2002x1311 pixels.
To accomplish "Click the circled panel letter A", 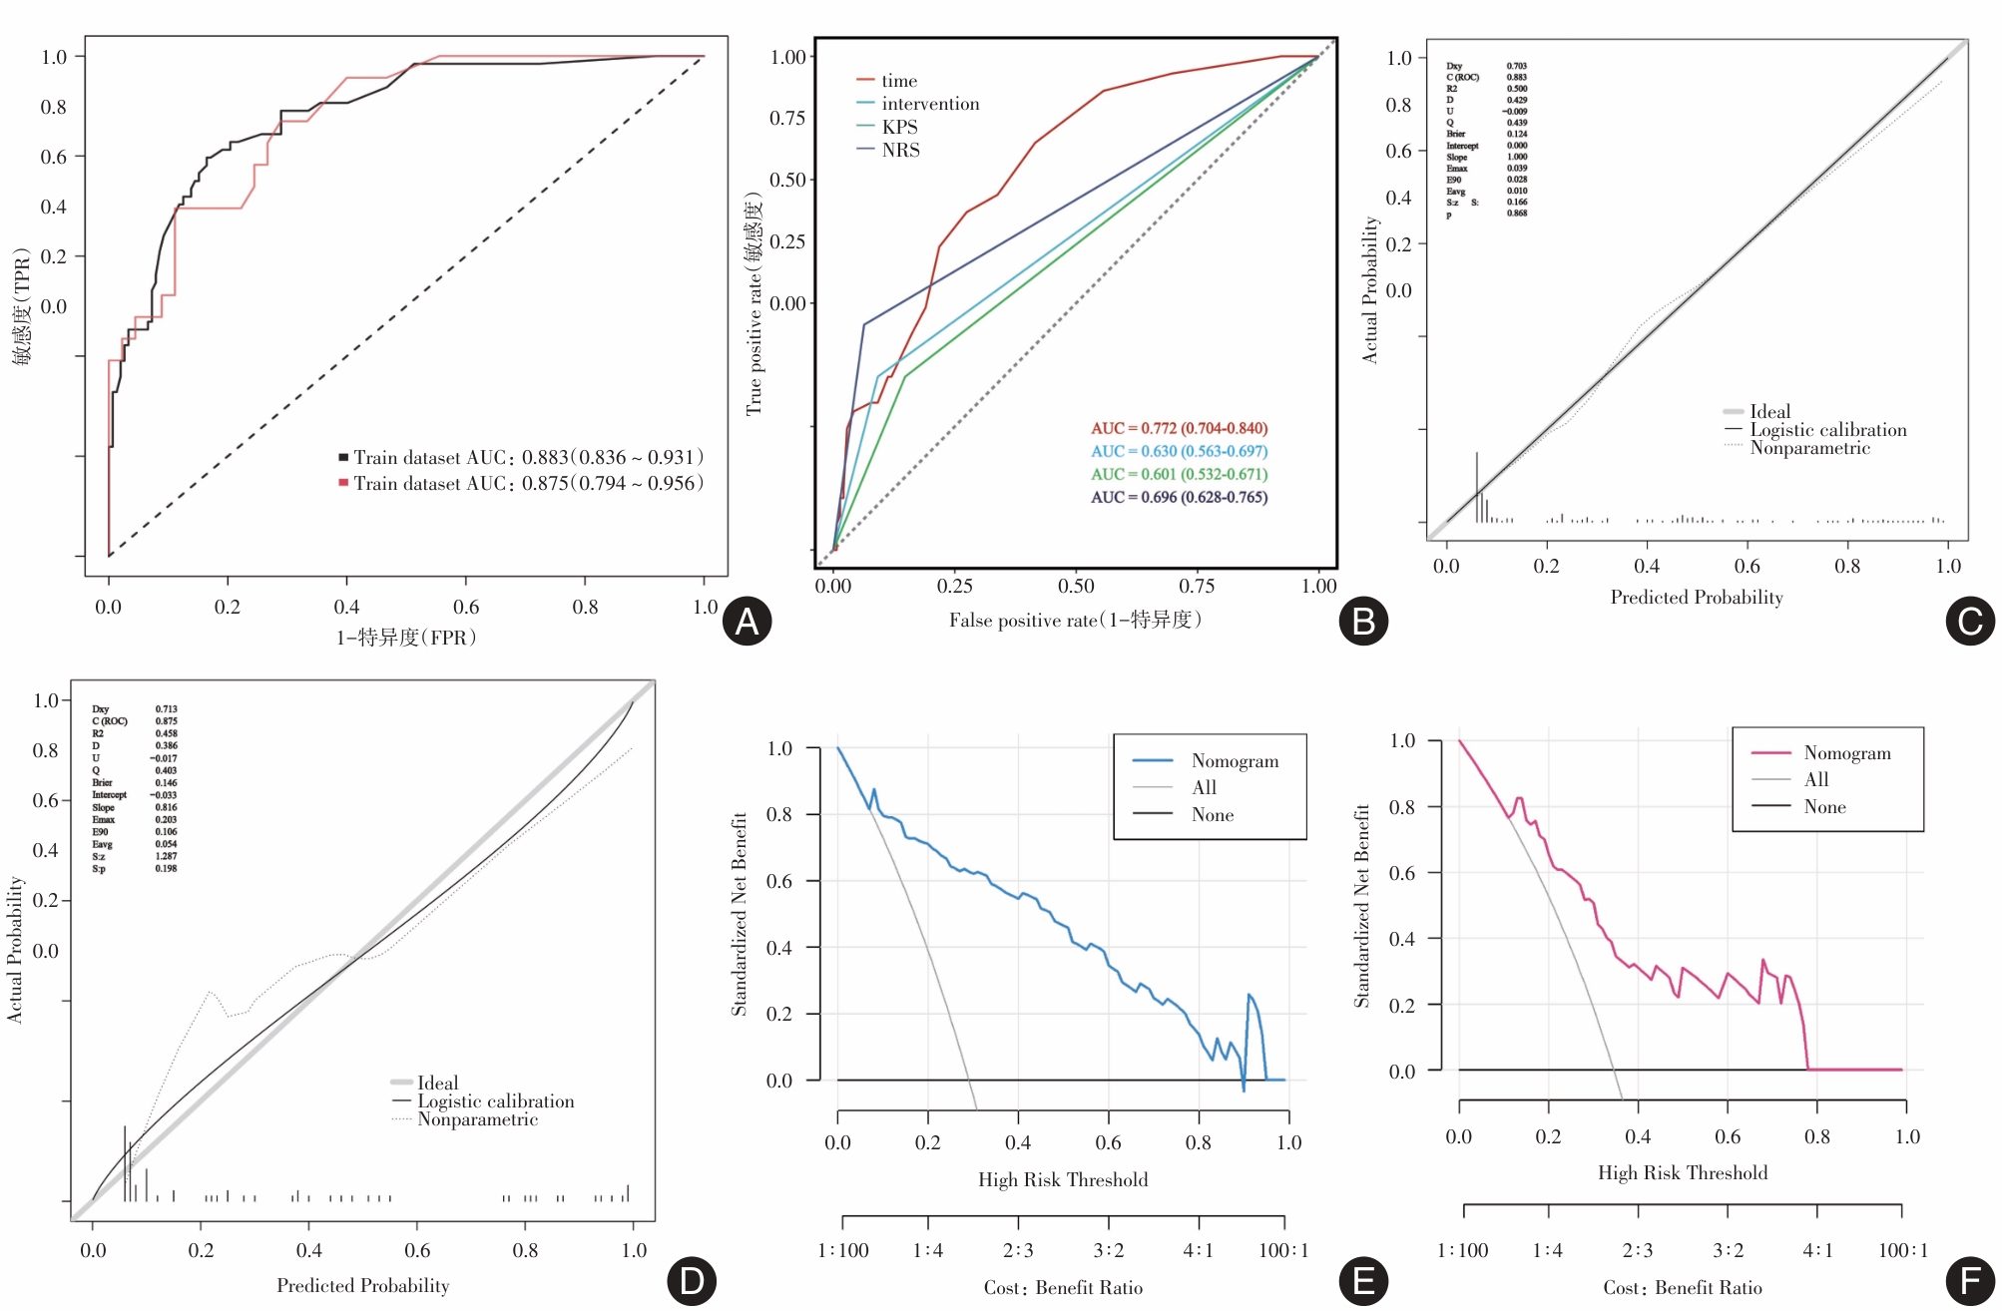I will click(x=747, y=621).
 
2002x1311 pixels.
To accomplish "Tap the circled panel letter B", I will click(x=1363, y=621).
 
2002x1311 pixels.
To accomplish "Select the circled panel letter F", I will click(x=1970, y=1281).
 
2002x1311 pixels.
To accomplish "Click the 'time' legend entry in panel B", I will click(x=898, y=81).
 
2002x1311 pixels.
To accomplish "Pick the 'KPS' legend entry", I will click(x=899, y=127).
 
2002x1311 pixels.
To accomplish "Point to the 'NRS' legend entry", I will click(x=900, y=150).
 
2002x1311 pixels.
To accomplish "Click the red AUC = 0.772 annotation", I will click(x=1179, y=428).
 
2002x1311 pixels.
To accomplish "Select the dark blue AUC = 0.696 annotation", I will click(x=1179, y=497).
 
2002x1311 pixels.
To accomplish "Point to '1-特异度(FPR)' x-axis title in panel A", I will click(x=406, y=637).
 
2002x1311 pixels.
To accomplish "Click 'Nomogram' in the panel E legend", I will click(x=1235, y=761).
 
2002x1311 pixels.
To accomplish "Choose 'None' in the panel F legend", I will click(x=1824, y=807).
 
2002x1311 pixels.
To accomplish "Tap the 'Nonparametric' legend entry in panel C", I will click(x=1809, y=448).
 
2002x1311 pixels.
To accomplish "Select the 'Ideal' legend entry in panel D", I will click(x=437, y=1083).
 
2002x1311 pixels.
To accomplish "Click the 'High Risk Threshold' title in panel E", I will click(x=1063, y=1179).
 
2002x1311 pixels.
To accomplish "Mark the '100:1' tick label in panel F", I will click(x=1902, y=1250).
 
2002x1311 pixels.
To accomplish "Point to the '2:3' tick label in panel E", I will click(x=1018, y=1250).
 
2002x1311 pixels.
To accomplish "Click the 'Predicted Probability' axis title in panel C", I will click(x=1696, y=597).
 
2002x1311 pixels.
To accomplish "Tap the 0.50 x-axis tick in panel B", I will click(x=1076, y=586).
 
